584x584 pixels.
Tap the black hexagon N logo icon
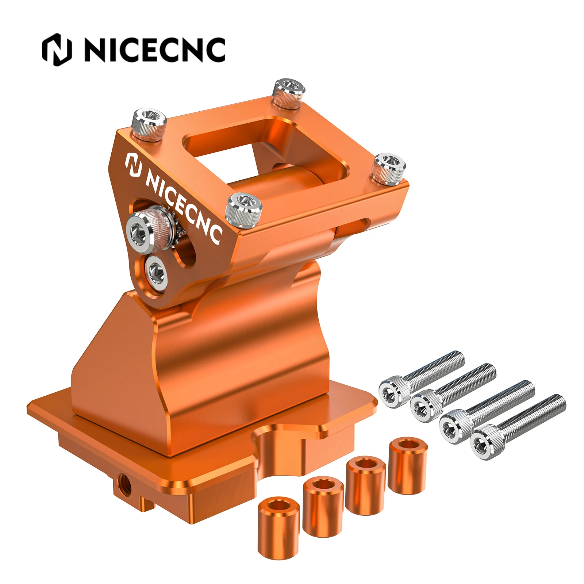(57, 50)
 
